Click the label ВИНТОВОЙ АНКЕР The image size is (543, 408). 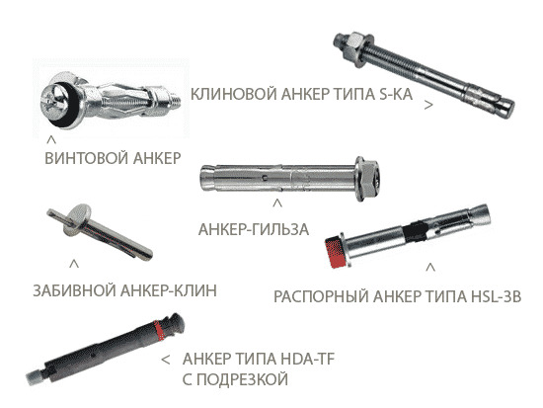[x=113, y=158]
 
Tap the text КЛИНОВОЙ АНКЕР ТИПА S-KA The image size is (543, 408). [x=302, y=94]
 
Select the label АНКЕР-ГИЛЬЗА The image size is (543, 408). [x=254, y=229]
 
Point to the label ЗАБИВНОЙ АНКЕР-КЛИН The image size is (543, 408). [x=125, y=290]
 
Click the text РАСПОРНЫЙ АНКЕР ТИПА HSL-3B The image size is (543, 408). [x=398, y=296]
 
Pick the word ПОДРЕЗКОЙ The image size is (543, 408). [x=235, y=379]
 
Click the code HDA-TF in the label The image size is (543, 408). [x=308, y=360]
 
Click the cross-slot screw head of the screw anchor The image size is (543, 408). [x=54, y=101]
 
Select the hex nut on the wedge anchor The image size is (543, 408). [x=355, y=44]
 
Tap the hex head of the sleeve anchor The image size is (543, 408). [x=370, y=178]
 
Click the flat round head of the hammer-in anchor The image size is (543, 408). [x=76, y=218]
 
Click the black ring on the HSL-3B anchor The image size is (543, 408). [x=415, y=231]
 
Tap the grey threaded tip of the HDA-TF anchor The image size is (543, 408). [x=36, y=376]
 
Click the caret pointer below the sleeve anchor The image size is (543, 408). [x=277, y=204]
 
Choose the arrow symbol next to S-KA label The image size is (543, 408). [x=428, y=105]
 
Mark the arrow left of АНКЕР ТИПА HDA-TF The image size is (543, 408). [x=166, y=360]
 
